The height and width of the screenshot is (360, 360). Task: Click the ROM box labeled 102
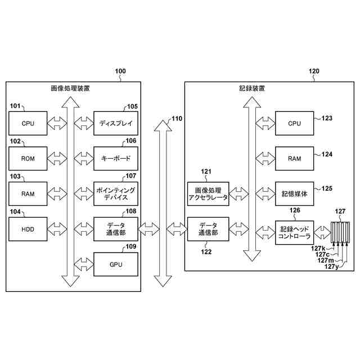(28, 159)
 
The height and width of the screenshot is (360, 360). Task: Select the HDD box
(28, 229)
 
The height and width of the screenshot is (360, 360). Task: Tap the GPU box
(116, 264)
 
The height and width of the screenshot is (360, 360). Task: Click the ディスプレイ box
(116, 123)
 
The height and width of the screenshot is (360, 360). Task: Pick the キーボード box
(116, 159)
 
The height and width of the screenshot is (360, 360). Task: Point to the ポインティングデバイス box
(116, 193)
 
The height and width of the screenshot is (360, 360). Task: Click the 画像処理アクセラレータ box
(208, 193)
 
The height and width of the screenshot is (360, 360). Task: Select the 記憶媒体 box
(294, 193)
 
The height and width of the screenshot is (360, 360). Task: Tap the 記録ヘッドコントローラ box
(294, 232)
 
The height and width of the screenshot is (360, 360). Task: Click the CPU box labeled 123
(294, 123)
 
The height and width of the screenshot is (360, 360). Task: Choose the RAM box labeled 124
(294, 159)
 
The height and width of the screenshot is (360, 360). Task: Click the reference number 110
(177, 119)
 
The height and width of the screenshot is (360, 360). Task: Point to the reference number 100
(120, 71)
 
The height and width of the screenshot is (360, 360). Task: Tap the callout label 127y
(331, 267)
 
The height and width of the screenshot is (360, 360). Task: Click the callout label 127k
(318, 249)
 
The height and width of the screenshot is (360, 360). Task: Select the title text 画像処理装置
(70, 88)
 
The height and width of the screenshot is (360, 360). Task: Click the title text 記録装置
(252, 88)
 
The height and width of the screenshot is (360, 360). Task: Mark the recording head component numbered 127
(340, 232)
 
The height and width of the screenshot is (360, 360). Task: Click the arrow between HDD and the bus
(57, 229)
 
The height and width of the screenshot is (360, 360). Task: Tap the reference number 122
(206, 252)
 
